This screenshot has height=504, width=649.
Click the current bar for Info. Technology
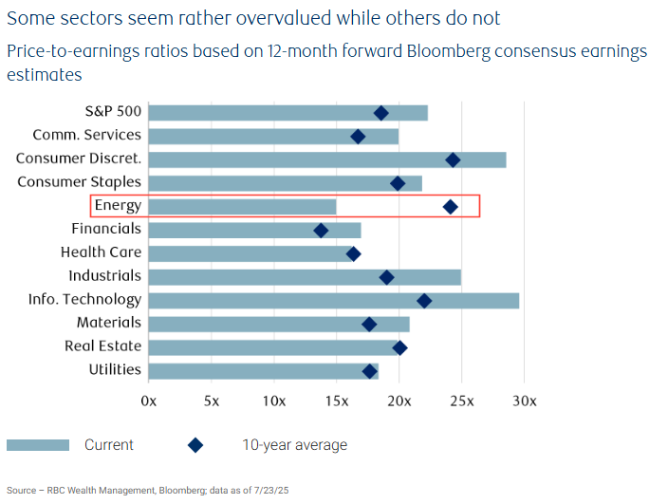click(x=333, y=300)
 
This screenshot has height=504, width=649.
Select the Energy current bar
click(x=242, y=206)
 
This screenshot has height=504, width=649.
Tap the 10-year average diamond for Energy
click(x=451, y=206)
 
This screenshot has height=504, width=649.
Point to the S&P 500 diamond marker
click(x=381, y=113)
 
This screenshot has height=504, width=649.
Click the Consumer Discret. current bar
click(x=326, y=159)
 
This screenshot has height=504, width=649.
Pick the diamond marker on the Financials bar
click(x=321, y=230)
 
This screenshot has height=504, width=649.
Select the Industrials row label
click(x=104, y=276)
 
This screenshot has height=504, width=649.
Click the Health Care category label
click(x=101, y=252)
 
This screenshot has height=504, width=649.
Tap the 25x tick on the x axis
click(x=462, y=401)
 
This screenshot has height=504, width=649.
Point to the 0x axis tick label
click(x=148, y=401)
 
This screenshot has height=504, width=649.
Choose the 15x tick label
click(x=337, y=401)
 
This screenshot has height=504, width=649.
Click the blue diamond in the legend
click(x=195, y=445)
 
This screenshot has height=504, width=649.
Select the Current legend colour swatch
click(x=38, y=445)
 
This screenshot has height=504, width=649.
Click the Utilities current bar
click(x=263, y=370)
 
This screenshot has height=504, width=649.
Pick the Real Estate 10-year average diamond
click(x=399, y=347)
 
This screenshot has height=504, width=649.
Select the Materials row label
click(x=109, y=323)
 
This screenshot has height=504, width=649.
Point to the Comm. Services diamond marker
click(x=358, y=137)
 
